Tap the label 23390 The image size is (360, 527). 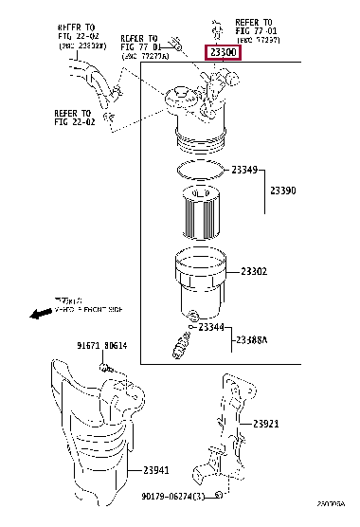pos(283,191)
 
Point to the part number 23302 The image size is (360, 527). pos(253,272)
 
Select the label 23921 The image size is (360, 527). pos(264,424)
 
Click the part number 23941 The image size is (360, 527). pos(155,470)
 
